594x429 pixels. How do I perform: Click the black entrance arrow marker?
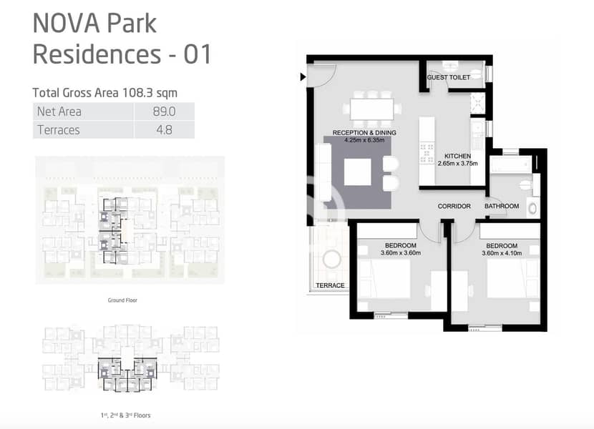click(x=303, y=77)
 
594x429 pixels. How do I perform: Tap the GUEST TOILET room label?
click(x=449, y=77)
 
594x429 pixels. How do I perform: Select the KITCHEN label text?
click(x=457, y=156)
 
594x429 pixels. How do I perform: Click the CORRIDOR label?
click(x=454, y=206)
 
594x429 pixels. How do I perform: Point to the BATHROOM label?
click(x=502, y=206)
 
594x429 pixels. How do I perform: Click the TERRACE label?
click(x=331, y=285)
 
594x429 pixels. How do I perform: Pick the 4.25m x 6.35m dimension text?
click(x=364, y=140)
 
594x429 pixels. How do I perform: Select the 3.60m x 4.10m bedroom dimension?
click(x=502, y=253)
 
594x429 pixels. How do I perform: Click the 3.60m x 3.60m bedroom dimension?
click(x=401, y=253)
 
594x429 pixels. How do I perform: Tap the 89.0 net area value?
click(x=164, y=112)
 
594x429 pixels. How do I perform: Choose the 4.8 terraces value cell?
click(x=164, y=130)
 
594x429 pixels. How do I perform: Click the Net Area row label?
click(x=59, y=112)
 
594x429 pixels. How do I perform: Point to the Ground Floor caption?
click(x=122, y=300)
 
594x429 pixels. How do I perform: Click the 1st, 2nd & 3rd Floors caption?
click(x=126, y=415)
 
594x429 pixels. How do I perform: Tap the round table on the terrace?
click(x=332, y=260)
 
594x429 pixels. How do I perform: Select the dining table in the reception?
click(x=372, y=109)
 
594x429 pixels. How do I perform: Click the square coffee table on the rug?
click(x=358, y=172)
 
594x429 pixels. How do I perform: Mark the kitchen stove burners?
click(x=427, y=152)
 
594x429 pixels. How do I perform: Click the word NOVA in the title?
click(x=67, y=24)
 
